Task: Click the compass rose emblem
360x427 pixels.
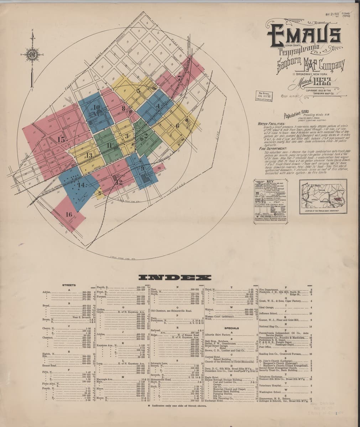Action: click(x=32, y=54)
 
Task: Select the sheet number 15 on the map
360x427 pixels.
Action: click(x=61, y=139)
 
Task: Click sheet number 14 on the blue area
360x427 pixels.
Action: click(x=81, y=185)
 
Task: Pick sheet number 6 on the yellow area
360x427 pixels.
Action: click(x=177, y=125)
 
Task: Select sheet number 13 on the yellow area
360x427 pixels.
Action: click(x=89, y=155)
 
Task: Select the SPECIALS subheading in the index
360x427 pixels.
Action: click(x=231, y=328)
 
